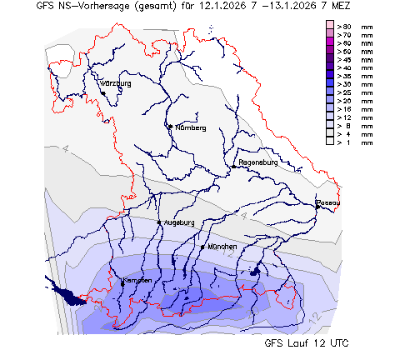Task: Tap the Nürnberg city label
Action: click(190, 127)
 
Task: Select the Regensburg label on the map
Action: click(257, 162)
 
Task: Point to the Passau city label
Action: click(328, 202)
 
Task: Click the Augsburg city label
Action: click(179, 222)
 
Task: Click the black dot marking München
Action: click(202, 247)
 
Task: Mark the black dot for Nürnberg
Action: click(170, 127)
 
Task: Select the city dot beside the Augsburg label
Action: click(159, 222)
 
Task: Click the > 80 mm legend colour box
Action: click(330, 27)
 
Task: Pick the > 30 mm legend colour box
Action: click(330, 84)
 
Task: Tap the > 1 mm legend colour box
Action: click(330, 142)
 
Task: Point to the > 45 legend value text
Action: click(343, 60)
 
